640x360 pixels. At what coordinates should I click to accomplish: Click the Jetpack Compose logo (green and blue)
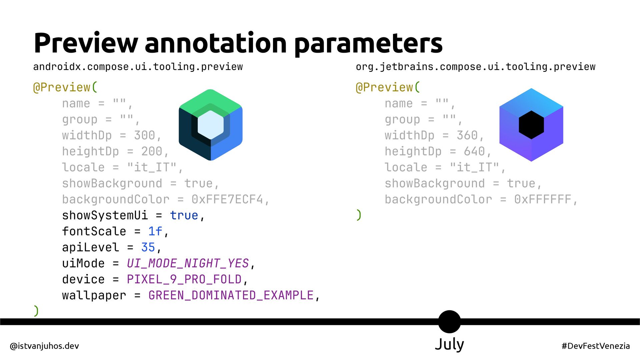[211, 125]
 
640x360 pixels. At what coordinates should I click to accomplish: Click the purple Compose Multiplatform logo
[531, 125]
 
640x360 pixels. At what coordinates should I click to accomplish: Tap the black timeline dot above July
[449, 321]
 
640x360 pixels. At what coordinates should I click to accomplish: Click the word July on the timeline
[449, 344]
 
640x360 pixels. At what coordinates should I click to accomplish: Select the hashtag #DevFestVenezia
[596, 346]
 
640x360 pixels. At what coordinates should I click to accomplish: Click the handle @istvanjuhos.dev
[45, 346]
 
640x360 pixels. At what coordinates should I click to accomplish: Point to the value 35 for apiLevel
[148, 247]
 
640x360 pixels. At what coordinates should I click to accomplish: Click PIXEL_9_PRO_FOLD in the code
[184, 279]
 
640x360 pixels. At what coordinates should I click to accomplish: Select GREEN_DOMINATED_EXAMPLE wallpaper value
[231, 295]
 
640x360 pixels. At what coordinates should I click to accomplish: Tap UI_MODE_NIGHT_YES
[188, 263]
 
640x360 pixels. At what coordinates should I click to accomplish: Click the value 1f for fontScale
[155, 231]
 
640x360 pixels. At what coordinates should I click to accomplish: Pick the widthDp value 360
[467, 135]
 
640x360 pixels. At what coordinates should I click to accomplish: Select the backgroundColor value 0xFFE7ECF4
[227, 199]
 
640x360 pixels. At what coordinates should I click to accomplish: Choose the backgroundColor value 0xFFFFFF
[543, 199]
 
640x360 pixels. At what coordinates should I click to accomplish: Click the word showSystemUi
[105, 215]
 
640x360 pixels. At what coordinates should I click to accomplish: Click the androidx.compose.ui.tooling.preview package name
[138, 67]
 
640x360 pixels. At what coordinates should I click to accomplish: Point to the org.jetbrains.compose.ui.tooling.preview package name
[475, 67]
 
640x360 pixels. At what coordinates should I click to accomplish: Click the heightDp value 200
[152, 151]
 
